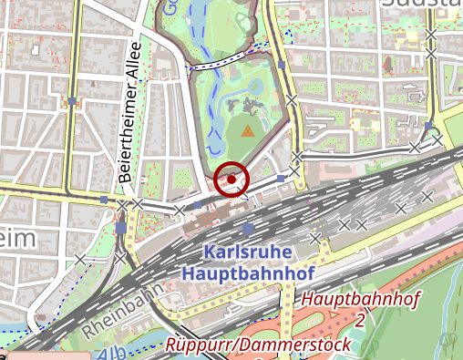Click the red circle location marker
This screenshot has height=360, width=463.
pos(232,179)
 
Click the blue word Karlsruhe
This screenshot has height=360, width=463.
pos(248,252)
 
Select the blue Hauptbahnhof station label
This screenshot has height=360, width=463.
pos(248,273)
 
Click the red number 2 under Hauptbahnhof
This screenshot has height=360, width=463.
pos(361,319)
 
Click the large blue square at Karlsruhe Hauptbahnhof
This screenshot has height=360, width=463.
pos(248,229)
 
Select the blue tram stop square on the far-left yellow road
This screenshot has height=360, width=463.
pos(71,100)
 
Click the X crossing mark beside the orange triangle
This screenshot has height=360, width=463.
pos(291,100)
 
